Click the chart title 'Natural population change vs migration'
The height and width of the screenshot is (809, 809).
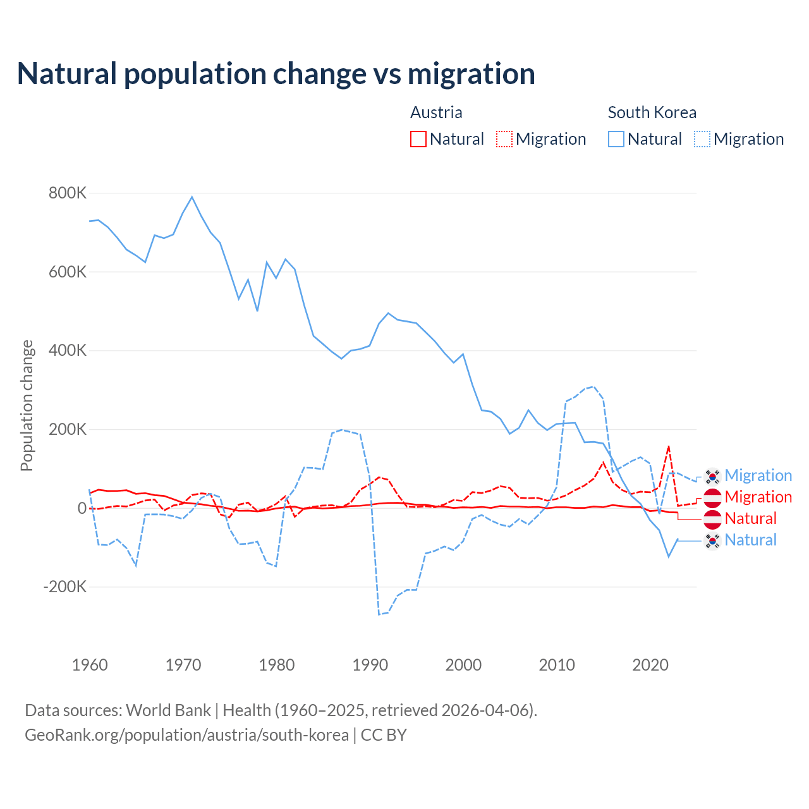(276, 74)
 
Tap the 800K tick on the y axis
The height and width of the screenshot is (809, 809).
(68, 193)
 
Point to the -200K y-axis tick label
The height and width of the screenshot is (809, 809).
(65, 587)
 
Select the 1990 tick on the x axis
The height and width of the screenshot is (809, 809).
(370, 665)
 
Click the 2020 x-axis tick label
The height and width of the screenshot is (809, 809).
(650, 665)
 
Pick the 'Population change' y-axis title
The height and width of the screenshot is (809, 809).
(27, 405)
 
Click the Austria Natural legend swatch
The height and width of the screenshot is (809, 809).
(418, 139)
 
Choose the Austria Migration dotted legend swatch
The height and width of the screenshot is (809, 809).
(504, 139)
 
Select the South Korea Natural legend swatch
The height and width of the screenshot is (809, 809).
(616, 139)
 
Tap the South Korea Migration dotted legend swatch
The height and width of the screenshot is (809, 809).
(702, 139)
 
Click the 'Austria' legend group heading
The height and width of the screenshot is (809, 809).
(436, 113)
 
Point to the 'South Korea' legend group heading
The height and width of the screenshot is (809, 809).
(652, 113)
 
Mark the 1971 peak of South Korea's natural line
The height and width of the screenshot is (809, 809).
(192, 197)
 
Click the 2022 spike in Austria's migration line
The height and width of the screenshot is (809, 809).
(669, 446)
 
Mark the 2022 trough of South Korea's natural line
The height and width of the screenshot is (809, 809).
(669, 556)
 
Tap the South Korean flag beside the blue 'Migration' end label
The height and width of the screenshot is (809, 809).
(712, 476)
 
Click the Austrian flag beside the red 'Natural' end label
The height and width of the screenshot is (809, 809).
(712, 519)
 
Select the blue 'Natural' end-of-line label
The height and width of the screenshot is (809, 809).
(750, 540)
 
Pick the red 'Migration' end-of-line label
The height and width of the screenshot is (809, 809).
(758, 497)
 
